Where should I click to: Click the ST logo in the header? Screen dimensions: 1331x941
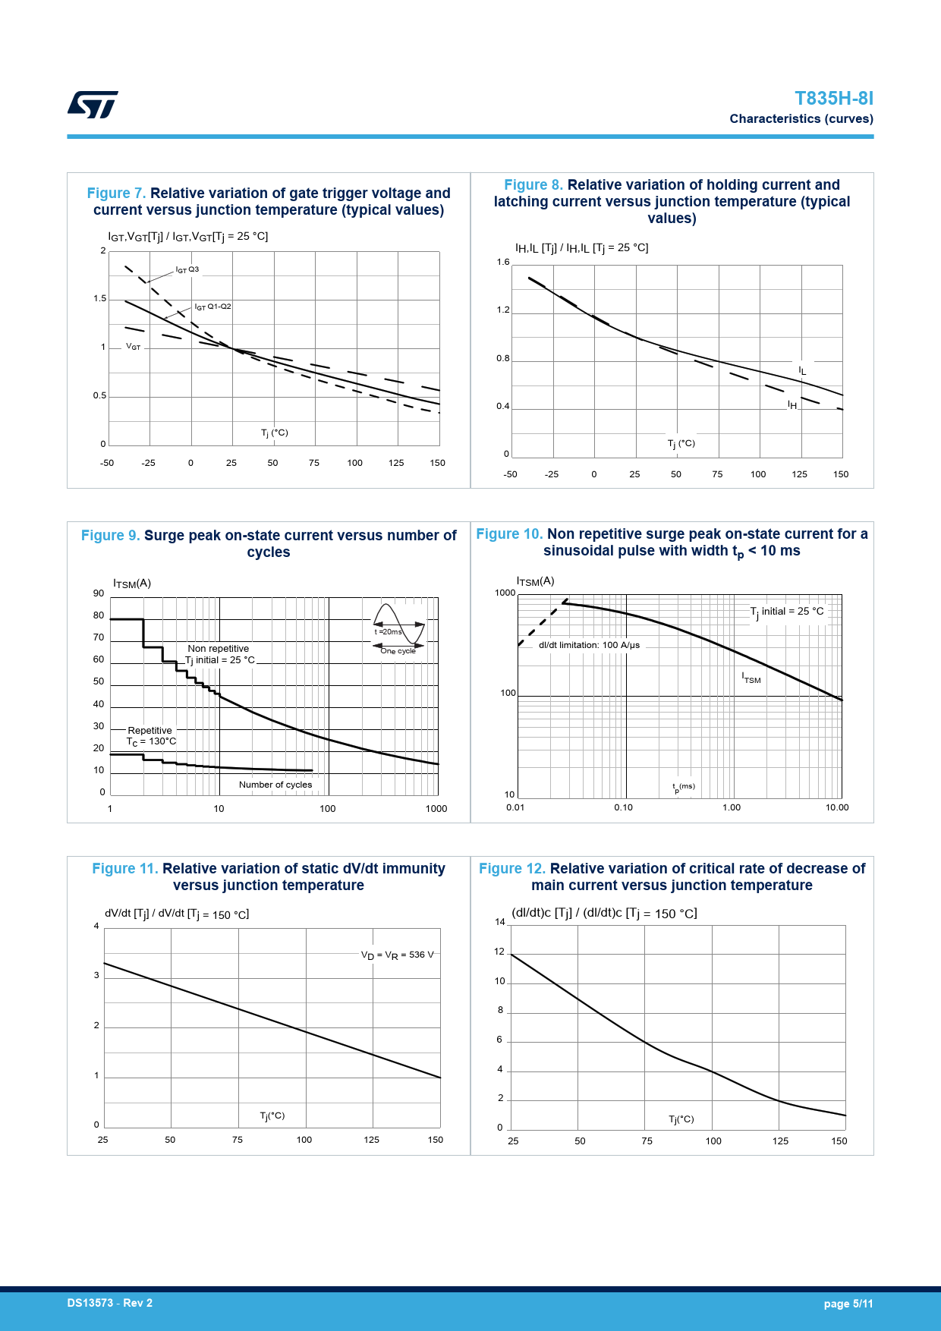(x=93, y=105)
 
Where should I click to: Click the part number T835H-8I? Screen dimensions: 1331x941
(x=833, y=99)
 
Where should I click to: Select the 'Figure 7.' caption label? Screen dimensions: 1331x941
(x=116, y=194)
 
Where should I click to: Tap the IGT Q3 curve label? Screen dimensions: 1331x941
(x=187, y=269)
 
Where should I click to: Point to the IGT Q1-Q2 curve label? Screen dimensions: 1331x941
(x=212, y=307)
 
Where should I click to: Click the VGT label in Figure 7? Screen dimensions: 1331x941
(x=134, y=347)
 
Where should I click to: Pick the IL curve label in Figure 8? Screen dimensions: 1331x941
(x=802, y=370)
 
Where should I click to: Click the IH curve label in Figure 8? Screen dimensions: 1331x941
(x=792, y=405)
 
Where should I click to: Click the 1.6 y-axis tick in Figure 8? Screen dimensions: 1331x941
(x=503, y=263)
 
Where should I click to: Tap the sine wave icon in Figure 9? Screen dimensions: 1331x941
(x=398, y=625)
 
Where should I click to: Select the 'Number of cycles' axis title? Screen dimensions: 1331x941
(x=275, y=785)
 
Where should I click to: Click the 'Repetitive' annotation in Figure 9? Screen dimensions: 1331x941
(x=149, y=731)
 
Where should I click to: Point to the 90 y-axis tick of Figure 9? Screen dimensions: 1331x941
(x=99, y=593)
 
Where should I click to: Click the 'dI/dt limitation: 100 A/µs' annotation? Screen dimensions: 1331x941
(x=589, y=645)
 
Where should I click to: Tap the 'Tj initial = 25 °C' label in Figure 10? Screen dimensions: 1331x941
(x=786, y=612)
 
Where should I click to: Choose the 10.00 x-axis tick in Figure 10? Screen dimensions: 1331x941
(x=837, y=807)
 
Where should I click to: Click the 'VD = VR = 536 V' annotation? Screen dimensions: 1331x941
(x=398, y=955)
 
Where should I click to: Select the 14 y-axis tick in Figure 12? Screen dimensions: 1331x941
(x=500, y=922)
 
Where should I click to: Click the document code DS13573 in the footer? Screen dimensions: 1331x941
(x=109, y=1303)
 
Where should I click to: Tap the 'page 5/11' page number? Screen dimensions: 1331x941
(x=848, y=1304)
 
